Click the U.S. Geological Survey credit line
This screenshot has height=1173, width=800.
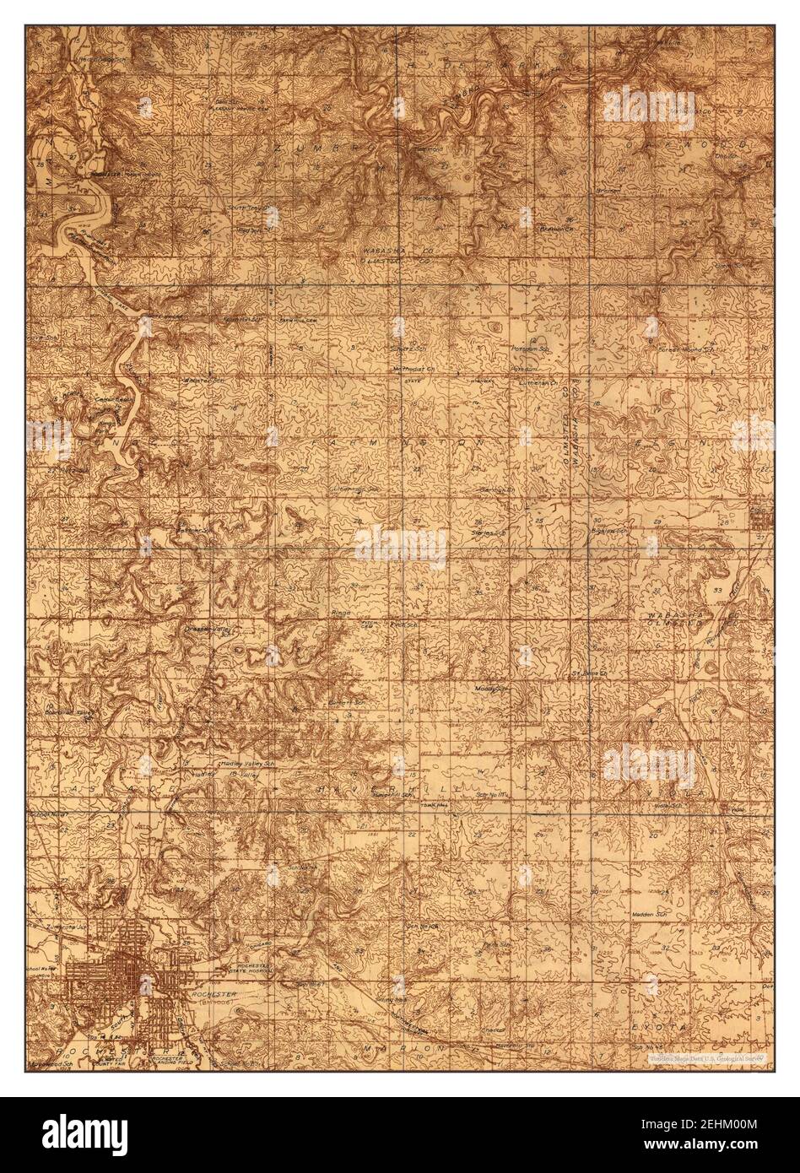tap(705, 1057)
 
